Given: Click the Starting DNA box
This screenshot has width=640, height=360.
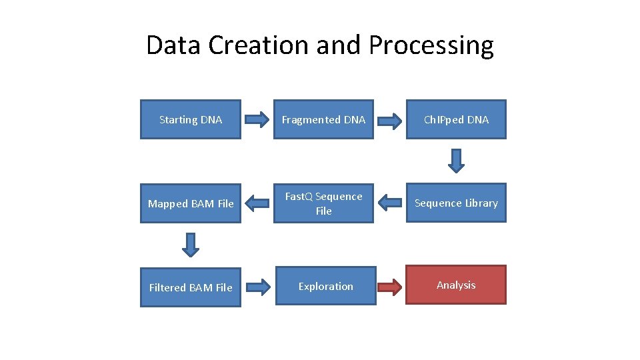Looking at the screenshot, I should click(x=190, y=119).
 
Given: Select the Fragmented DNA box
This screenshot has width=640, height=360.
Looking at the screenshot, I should click(x=323, y=119).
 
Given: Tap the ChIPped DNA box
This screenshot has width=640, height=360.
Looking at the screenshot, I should click(x=456, y=119).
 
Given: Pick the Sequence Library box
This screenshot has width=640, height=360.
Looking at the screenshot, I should click(x=456, y=203).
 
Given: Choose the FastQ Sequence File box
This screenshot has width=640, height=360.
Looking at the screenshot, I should click(x=323, y=203).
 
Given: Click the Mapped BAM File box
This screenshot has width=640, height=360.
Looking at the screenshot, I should click(x=190, y=203).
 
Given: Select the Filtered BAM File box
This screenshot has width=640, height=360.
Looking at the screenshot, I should click(x=190, y=287).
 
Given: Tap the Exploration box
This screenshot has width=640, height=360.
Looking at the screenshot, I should click(x=325, y=286).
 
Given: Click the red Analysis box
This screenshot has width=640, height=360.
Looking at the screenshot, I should click(x=456, y=285).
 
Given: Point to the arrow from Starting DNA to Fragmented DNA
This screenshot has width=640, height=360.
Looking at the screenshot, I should click(x=257, y=120).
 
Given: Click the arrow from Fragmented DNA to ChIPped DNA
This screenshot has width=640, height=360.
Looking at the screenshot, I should click(x=389, y=120).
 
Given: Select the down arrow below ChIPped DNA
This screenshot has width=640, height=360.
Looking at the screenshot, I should click(x=456, y=161).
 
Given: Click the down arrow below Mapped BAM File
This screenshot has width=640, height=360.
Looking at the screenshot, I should click(x=191, y=245).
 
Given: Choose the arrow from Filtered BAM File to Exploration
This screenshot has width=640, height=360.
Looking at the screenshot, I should click(x=257, y=287).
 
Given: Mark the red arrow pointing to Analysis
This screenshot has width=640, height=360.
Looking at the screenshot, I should click(x=390, y=287).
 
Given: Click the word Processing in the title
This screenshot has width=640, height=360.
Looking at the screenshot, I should click(x=431, y=45).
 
